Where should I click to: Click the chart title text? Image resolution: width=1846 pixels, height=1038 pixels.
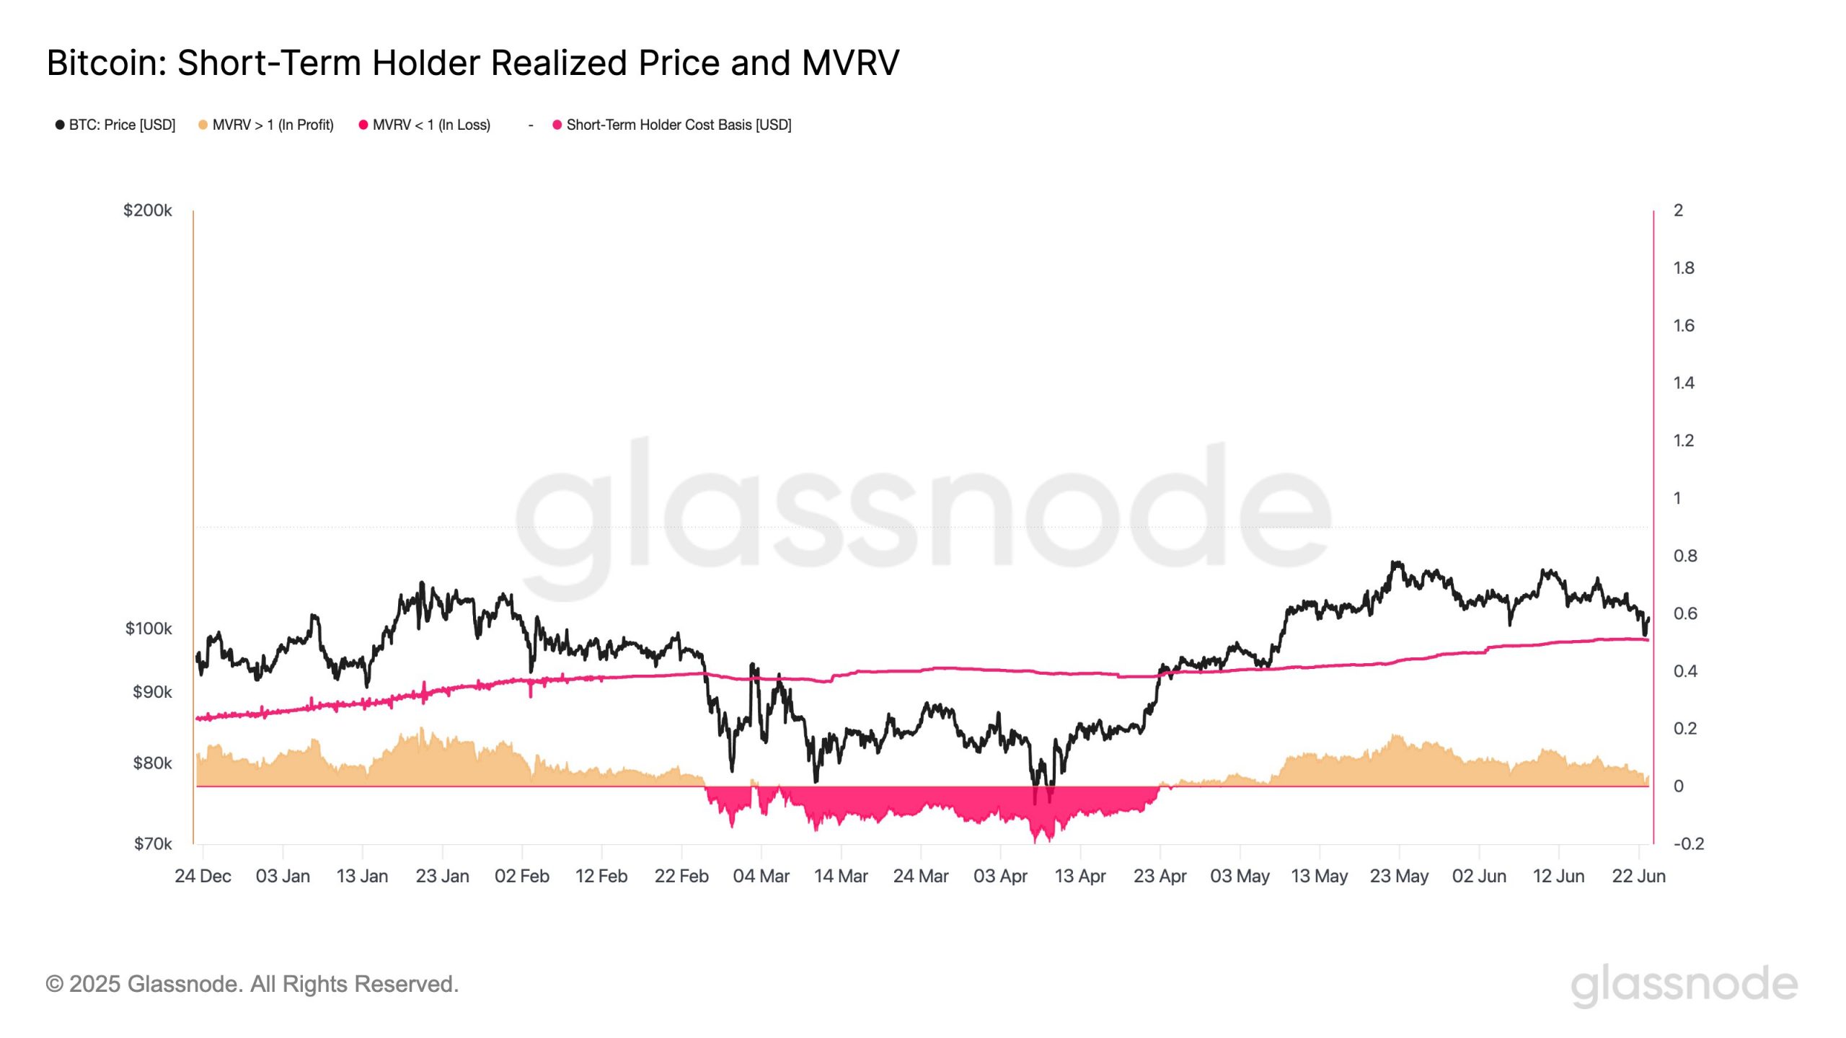pyautogui.click(x=472, y=63)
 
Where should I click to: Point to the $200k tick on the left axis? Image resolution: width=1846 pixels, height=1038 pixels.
pyautogui.click(x=148, y=210)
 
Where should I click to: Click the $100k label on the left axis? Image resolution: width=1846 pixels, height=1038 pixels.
pyautogui.click(x=149, y=629)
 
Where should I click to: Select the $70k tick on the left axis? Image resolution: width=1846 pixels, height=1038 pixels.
pyautogui.click(x=152, y=843)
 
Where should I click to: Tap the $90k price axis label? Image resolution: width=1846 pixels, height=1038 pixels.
pyautogui.click(x=152, y=692)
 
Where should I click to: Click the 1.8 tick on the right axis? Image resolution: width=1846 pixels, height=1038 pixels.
pyautogui.click(x=1684, y=268)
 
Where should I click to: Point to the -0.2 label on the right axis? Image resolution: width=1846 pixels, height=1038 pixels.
pyautogui.click(x=1688, y=843)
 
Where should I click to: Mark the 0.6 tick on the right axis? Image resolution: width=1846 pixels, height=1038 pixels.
pyautogui.click(x=1684, y=613)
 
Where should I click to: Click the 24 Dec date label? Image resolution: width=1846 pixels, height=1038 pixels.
pyautogui.click(x=203, y=876)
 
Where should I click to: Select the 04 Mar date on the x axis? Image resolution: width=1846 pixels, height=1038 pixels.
pyautogui.click(x=761, y=876)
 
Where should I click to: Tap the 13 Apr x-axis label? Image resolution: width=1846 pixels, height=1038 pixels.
pyautogui.click(x=1079, y=876)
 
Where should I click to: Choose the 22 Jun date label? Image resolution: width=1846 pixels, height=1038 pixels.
pyautogui.click(x=1638, y=876)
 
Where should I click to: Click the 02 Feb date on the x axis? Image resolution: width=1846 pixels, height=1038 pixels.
pyautogui.click(x=521, y=876)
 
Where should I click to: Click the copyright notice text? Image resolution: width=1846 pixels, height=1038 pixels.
pyautogui.click(x=252, y=984)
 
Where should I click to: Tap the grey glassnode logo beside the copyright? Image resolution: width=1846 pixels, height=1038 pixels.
pyautogui.click(x=1684, y=985)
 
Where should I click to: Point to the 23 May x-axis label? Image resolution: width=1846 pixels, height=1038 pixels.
pyautogui.click(x=1399, y=876)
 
